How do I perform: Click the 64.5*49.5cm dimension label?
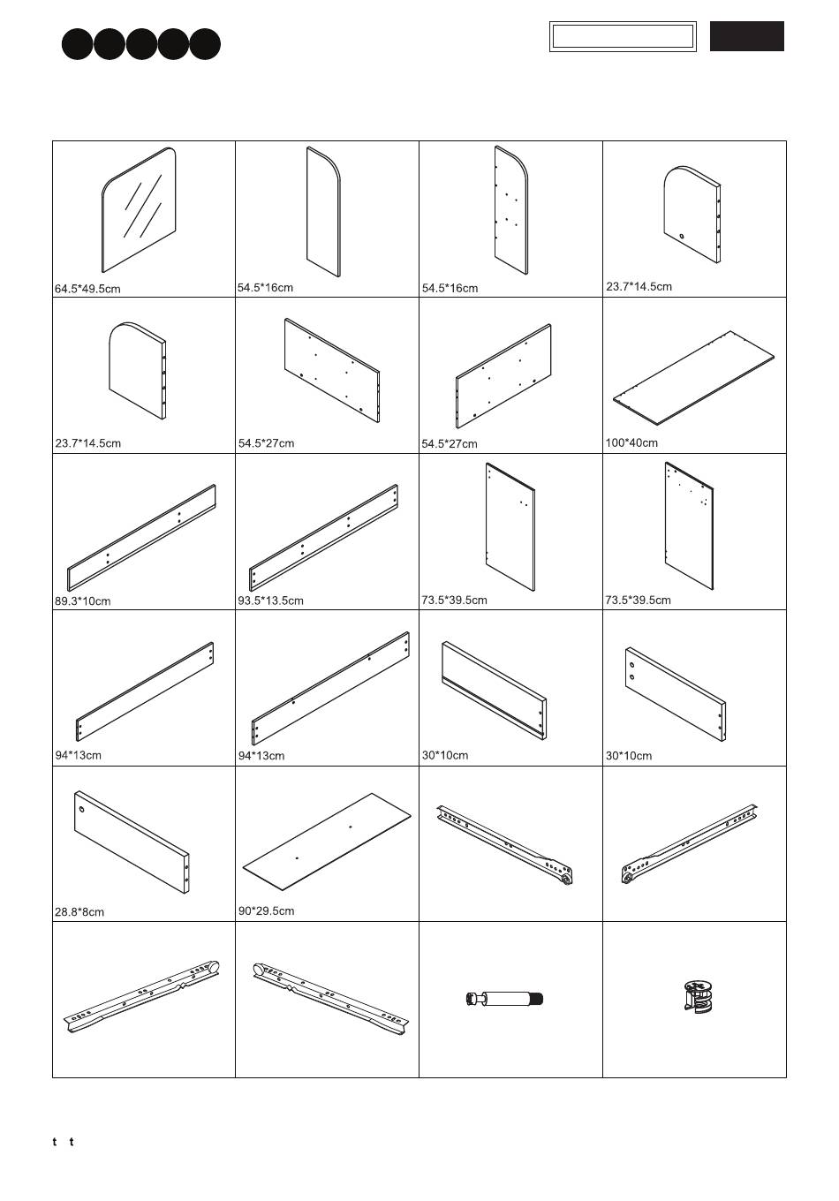[x=87, y=289]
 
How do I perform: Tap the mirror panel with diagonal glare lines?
[x=140, y=210]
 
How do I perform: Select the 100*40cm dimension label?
[x=631, y=442]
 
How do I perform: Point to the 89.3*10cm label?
[x=83, y=601]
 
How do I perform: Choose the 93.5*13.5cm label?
[x=270, y=600]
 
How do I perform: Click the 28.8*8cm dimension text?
[x=79, y=912]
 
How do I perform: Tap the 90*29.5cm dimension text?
[x=266, y=910]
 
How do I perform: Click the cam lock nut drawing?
[x=699, y=995]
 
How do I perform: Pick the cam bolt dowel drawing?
[x=504, y=999]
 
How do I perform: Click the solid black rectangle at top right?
[x=746, y=36]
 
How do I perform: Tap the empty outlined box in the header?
[x=623, y=36]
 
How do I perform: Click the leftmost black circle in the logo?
[x=78, y=44]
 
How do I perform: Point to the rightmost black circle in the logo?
[x=205, y=44]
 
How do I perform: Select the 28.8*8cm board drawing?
[x=132, y=841]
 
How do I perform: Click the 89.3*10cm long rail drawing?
[x=142, y=536]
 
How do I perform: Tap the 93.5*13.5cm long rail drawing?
[x=324, y=536]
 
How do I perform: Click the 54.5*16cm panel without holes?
[x=323, y=212]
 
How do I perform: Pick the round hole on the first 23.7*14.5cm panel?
[x=683, y=236]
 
